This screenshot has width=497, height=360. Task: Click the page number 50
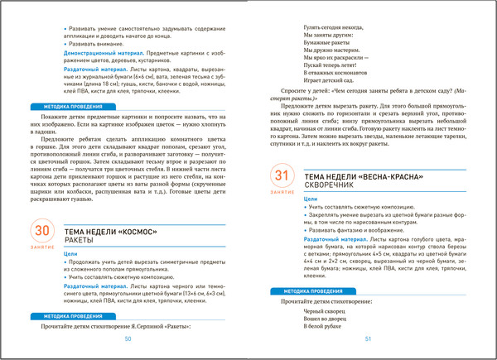tap(128, 338)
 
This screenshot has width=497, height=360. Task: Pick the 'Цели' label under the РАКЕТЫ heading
tap(72, 254)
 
